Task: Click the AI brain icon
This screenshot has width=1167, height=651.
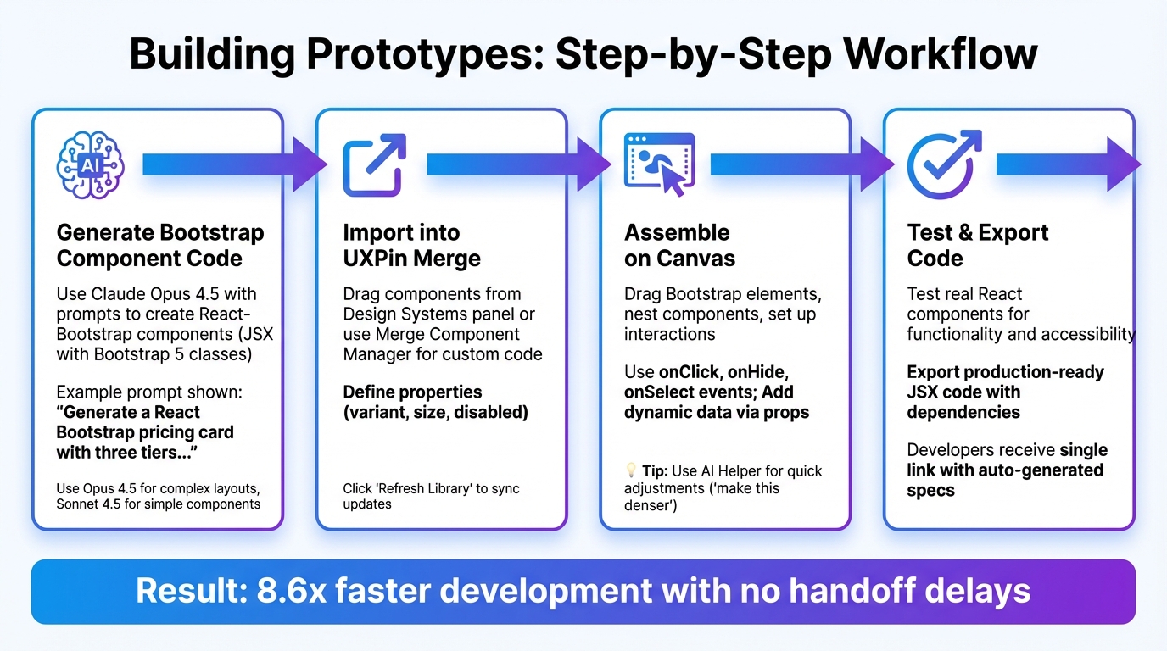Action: (90, 164)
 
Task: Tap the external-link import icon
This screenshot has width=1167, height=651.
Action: (374, 164)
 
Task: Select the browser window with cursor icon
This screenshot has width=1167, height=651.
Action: (658, 164)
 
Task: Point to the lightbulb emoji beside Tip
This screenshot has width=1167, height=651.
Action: (631, 471)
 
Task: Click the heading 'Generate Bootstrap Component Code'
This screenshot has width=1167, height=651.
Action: (160, 246)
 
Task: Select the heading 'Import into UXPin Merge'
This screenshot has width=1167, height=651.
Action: (411, 246)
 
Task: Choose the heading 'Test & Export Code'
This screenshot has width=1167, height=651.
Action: (977, 246)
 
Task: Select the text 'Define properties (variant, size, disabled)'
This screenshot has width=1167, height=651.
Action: (435, 403)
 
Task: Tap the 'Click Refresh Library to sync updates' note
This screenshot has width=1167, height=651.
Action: (431, 496)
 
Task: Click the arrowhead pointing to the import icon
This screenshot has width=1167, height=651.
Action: (310, 164)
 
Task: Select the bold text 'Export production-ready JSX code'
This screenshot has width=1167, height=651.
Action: (1005, 382)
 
